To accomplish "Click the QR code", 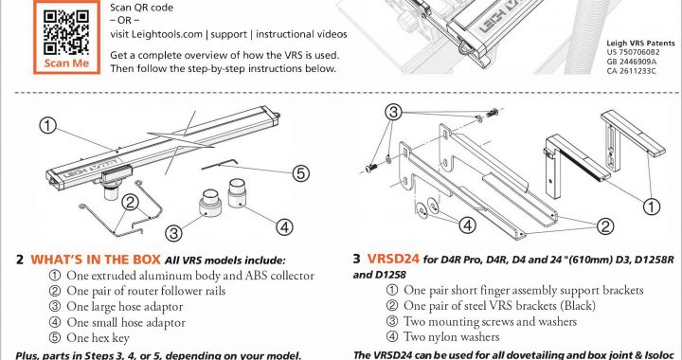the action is (x=66, y=32).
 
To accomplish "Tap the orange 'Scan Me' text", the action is (x=66, y=63).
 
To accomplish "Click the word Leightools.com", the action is (x=156, y=34).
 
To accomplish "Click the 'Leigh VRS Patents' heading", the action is (x=640, y=43).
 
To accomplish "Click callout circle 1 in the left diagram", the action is (x=48, y=126).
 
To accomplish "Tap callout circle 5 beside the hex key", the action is (x=300, y=174).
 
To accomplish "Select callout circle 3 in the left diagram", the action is (x=173, y=233).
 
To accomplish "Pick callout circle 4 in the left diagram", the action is (x=284, y=227).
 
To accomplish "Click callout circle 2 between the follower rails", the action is (x=130, y=202).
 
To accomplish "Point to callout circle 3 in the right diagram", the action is (x=393, y=112).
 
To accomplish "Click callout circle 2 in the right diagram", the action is (x=605, y=226).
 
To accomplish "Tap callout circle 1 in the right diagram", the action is (x=651, y=207).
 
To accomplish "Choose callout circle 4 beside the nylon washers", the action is (x=467, y=225).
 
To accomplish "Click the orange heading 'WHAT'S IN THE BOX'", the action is (x=96, y=260).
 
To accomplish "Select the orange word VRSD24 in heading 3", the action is (x=393, y=259).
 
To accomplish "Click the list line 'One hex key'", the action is (x=89, y=338).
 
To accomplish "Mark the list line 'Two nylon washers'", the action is (x=442, y=336).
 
